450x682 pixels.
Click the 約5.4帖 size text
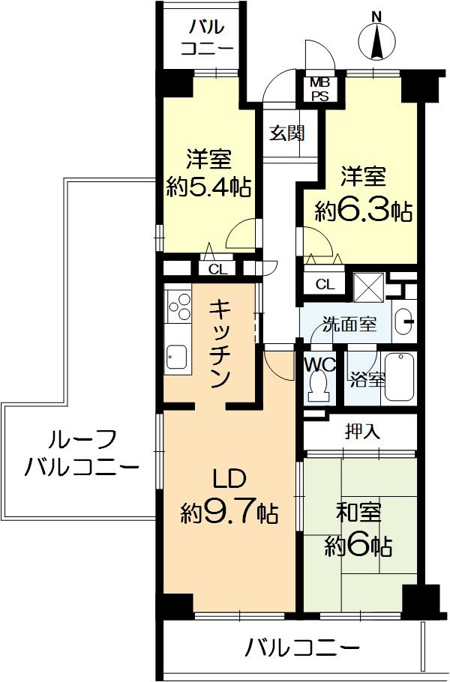click(x=208, y=187)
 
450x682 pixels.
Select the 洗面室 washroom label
click(x=348, y=325)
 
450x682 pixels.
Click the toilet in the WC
click(x=317, y=385)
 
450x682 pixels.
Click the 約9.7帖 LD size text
click(x=228, y=513)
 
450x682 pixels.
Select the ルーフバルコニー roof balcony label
click(x=81, y=453)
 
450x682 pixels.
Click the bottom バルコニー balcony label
click(x=302, y=645)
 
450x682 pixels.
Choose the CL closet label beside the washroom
click(x=325, y=284)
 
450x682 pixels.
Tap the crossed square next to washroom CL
click(x=369, y=286)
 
